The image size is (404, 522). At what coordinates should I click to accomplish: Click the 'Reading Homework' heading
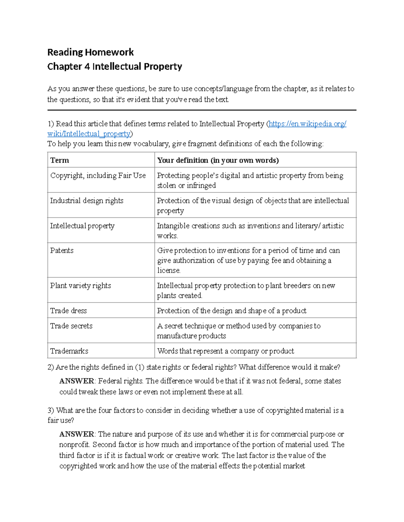click(x=90, y=52)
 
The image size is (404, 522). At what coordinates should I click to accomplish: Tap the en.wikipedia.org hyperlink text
click(x=307, y=124)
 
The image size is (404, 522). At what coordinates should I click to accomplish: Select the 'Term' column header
click(x=60, y=160)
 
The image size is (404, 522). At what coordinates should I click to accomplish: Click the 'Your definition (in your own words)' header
click(x=218, y=160)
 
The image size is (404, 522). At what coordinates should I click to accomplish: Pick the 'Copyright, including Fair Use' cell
click(x=98, y=175)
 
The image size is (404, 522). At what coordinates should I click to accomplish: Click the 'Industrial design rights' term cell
click(x=87, y=201)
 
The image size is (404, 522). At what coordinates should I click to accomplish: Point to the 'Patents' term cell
click(x=62, y=250)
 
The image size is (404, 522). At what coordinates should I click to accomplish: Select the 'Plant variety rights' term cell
click(x=80, y=286)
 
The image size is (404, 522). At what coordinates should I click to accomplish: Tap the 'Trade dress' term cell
click(x=68, y=311)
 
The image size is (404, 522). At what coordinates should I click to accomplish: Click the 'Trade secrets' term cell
click(x=71, y=326)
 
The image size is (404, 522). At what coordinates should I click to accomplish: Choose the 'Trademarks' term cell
click(x=69, y=351)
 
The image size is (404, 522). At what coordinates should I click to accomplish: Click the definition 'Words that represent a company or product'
click(x=225, y=351)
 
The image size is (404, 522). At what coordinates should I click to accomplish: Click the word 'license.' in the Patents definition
click(x=169, y=271)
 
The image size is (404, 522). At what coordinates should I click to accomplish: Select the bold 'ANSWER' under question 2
click(x=77, y=381)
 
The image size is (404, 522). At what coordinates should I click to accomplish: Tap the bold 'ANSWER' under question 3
click(x=77, y=434)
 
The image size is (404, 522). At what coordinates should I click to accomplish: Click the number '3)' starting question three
click(x=51, y=410)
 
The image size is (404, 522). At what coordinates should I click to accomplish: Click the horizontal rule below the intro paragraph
click(x=202, y=110)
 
